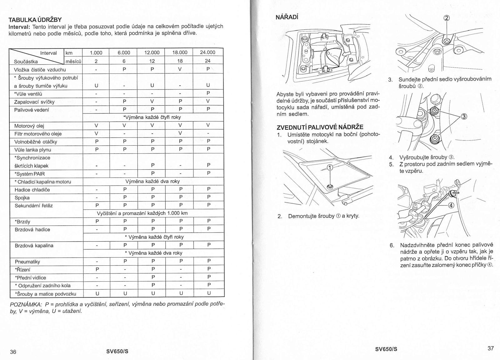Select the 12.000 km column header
point(152,52)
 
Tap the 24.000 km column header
point(207,52)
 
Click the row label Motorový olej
point(29,126)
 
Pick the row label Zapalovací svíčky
point(34,102)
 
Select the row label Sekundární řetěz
point(34,206)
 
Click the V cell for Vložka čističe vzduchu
point(180,69)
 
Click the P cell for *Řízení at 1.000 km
point(97,269)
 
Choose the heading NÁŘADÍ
point(287,17)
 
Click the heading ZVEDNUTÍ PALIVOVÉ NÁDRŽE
point(320,127)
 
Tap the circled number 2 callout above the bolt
point(447,18)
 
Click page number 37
point(491,348)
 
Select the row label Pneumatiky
point(27,262)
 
